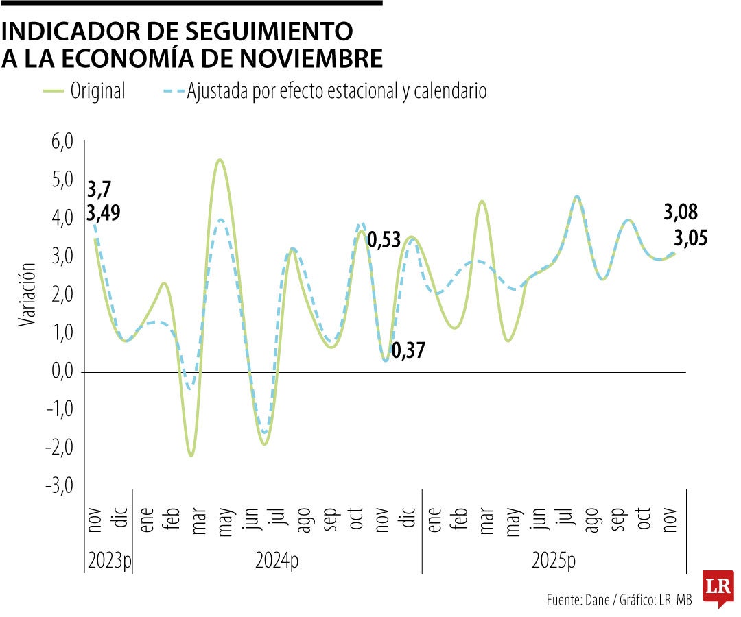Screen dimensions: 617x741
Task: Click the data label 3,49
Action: pos(104,213)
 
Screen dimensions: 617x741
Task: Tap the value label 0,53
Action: pos(385,241)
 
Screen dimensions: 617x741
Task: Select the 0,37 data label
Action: pos(408,351)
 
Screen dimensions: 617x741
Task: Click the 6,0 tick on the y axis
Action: pos(61,143)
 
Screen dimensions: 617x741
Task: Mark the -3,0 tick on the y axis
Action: pos(60,486)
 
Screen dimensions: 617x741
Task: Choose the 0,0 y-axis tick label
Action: pos(61,372)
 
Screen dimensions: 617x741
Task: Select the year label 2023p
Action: pos(108,561)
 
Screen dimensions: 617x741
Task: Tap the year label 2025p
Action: pos(554,561)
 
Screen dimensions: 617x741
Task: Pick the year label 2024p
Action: pos(277,561)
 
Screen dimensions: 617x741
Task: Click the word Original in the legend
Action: pos(98,91)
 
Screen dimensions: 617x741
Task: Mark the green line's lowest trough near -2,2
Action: pos(191,455)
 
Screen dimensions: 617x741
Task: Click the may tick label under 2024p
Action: pos(224,522)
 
